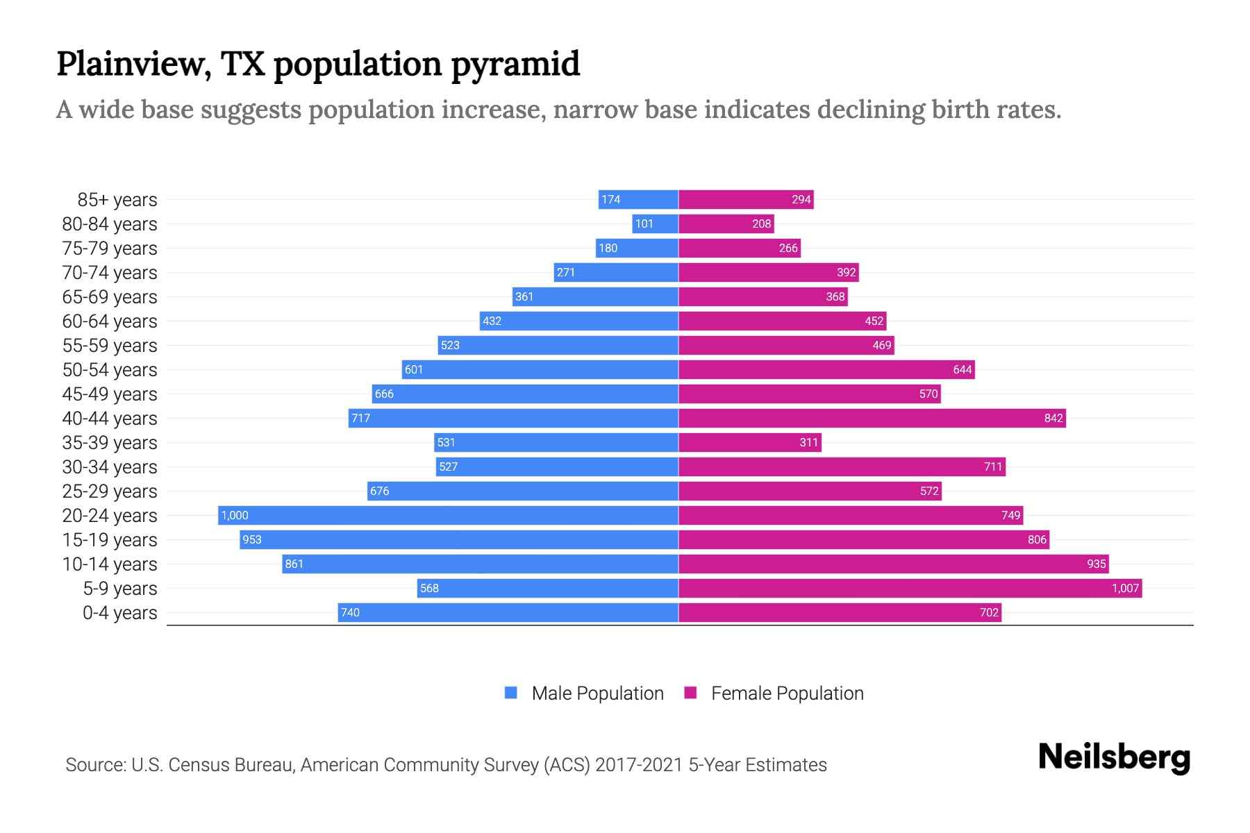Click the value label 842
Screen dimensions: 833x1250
1053,418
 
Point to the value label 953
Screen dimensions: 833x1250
252,539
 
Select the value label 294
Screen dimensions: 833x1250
801,199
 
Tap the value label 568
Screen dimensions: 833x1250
429,588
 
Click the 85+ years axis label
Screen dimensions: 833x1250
117,200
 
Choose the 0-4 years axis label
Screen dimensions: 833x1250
119,613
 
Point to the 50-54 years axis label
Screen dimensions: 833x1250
110,370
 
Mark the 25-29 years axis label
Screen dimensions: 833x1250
110,491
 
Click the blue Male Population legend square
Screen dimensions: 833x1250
511,693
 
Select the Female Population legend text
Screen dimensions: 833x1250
787,693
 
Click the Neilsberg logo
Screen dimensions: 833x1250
1114,757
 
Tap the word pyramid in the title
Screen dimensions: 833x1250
515,64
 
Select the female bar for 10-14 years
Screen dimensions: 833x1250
892,564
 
